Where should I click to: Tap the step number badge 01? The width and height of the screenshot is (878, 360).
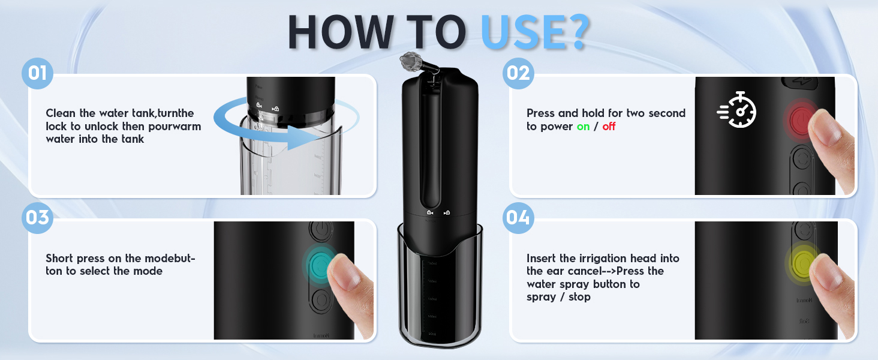point(37,74)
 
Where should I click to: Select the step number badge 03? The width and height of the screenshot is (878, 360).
point(37,217)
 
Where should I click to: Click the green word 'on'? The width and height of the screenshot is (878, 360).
point(583,127)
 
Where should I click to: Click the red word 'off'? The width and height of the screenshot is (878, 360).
point(609,127)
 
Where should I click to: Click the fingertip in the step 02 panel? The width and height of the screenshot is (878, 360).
point(831,132)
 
